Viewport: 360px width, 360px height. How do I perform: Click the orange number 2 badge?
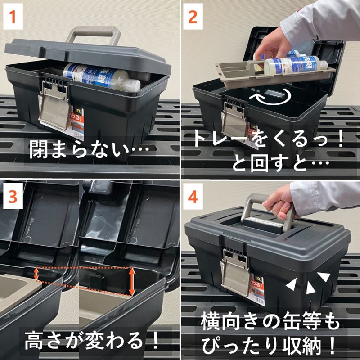click(193, 17)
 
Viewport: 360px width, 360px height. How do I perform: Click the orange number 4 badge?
click(193, 197)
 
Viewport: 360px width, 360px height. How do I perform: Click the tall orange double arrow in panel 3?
click(131, 282)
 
